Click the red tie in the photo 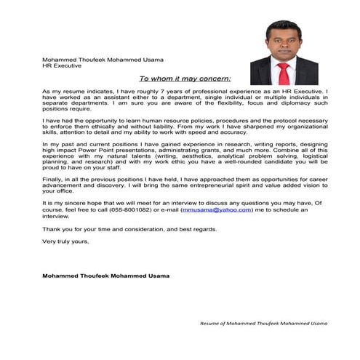[x=282, y=73]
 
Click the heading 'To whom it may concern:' [x=185, y=78]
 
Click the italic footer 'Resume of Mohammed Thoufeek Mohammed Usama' [x=263, y=321]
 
